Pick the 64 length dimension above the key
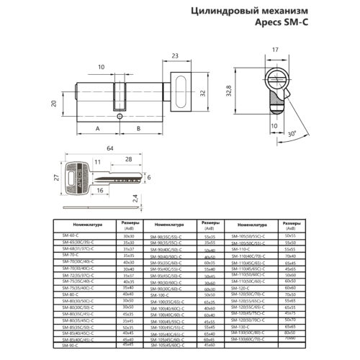[x=109, y=148]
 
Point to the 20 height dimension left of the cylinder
[x=53, y=103]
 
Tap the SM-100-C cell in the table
[x=160, y=294]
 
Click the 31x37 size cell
[x=130, y=248]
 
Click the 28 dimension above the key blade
[x=127, y=158]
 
